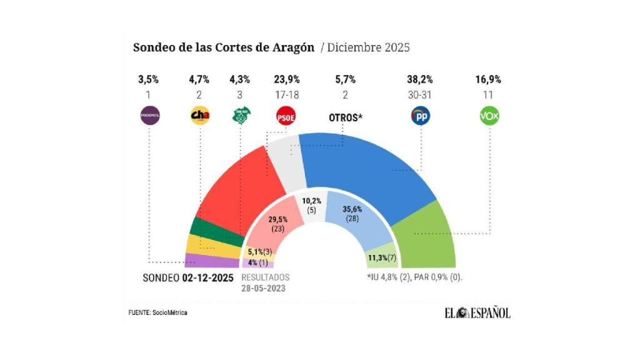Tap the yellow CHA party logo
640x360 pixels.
tap(199, 116)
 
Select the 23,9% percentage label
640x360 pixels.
tap(287, 79)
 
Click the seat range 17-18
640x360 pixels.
tap(287, 94)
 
